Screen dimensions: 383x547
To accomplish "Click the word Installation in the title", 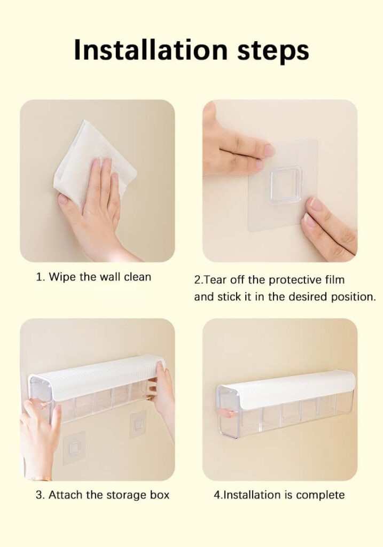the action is (x=150, y=50).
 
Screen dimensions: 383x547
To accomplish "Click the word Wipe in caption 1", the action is (x=62, y=277).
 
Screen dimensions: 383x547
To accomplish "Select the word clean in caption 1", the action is (x=137, y=277).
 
